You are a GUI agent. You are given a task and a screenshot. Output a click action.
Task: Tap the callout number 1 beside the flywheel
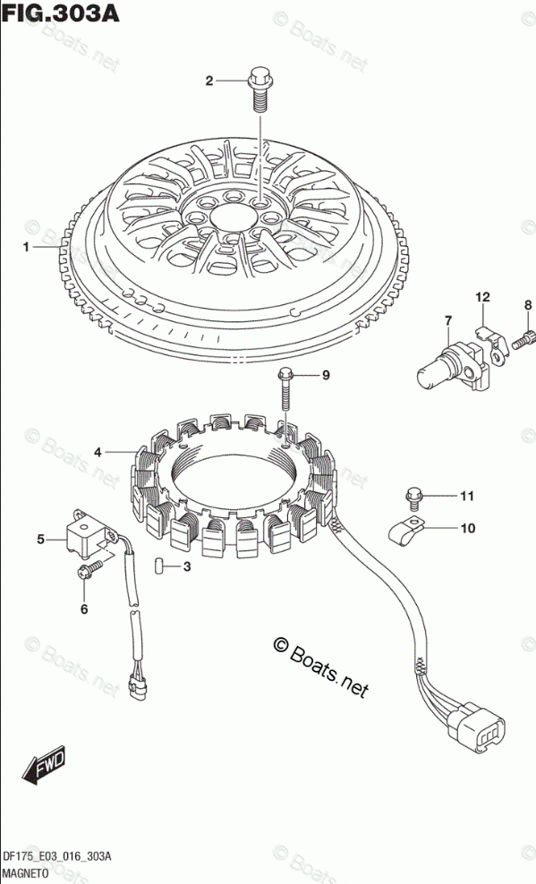point(26,247)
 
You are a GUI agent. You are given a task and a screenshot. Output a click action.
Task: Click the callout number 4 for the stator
point(98,452)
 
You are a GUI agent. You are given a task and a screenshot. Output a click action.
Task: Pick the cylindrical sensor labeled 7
point(450,367)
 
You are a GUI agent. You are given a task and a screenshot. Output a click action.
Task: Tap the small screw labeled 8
point(522,339)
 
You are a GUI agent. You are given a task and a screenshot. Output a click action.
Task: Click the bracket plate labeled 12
point(492,344)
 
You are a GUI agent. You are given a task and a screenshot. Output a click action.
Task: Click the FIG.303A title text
point(60,13)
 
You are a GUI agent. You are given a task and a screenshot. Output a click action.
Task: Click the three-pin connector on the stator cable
point(476,729)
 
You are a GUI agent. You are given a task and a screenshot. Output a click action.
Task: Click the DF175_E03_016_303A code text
point(57,857)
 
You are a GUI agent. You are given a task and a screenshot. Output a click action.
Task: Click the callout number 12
point(482,297)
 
